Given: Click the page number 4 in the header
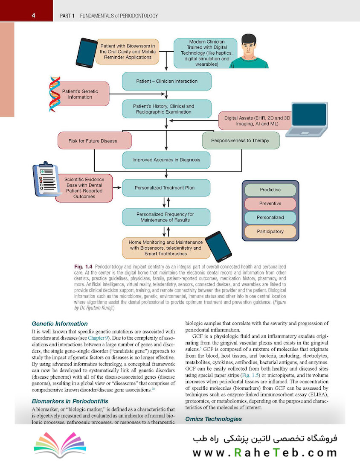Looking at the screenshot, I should click(x=33, y=16).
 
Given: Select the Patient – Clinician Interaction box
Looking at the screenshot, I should click(x=167, y=81).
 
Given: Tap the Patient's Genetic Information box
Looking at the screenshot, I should click(x=80, y=94).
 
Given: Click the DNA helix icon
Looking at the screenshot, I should click(x=55, y=94).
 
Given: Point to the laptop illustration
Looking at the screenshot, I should click(x=308, y=120).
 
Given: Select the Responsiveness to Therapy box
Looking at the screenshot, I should click(x=240, y=140).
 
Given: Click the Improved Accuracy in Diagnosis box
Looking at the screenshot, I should click(x=166, y=160).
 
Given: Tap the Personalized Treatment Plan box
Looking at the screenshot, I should click(x=166, y=187).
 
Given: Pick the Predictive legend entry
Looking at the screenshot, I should click(x=270, y=190).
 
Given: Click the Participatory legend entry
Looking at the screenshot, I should click(x=270, y=231).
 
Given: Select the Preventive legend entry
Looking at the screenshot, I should click(x=270, y=204).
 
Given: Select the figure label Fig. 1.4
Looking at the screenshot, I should click(x=84, y=266).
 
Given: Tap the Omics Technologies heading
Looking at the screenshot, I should click(x=213, y=419).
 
